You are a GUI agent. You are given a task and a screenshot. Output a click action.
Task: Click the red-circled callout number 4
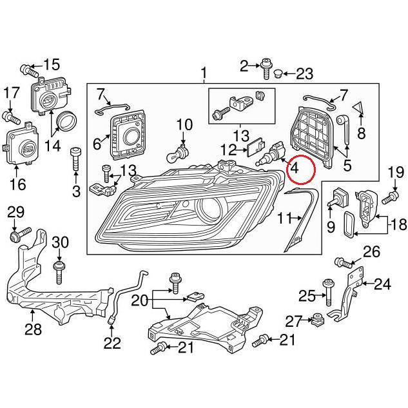pos(295,168)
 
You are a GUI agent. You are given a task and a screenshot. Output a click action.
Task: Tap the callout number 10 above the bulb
pos(184,124)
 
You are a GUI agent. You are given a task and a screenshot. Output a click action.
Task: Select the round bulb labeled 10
pos(177,155)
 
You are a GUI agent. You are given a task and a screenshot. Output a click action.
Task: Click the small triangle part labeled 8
pos(358,108)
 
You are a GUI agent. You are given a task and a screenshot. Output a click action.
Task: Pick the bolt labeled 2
pos(266,68)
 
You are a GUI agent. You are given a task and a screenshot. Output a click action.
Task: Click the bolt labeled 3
pos(75,159)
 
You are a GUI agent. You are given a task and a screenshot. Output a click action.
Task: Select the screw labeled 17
pos(12,118)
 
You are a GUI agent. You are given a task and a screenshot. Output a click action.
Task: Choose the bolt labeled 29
pos(20,234)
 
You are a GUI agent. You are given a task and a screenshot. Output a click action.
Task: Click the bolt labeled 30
pos(59,273)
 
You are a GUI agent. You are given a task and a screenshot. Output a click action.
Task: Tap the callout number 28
pos(33,329)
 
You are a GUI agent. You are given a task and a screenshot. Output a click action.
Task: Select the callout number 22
pos(112,343)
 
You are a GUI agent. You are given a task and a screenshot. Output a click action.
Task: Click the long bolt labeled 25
pos(328,293)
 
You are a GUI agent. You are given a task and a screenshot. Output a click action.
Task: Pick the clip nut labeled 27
pos(318,320)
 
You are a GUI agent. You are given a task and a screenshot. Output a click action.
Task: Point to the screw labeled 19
pos(391,197)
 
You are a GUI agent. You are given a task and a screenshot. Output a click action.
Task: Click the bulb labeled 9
pos(336,199)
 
